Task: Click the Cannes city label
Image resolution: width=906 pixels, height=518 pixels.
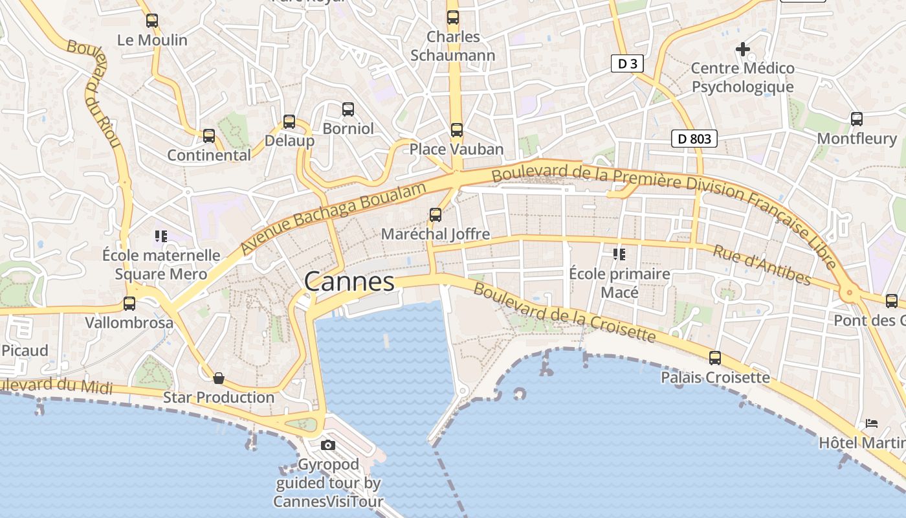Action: pos(349,282)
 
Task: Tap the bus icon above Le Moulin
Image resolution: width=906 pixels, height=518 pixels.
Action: pos(152,21)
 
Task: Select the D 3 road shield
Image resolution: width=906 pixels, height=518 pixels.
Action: pos(628,63)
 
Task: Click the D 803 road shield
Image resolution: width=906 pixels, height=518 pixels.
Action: pos(694,139)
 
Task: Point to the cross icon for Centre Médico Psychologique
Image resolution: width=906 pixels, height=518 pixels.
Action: pos(743,49)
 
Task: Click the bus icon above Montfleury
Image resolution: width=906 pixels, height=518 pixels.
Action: pos(857,119)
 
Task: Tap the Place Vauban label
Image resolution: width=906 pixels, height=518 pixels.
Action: pos(456,150)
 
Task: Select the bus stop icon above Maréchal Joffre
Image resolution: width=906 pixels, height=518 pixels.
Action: pos(436,215)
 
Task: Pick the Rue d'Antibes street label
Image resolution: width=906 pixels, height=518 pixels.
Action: pos(762,264)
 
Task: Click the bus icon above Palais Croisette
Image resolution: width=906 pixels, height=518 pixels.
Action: pos(715,358)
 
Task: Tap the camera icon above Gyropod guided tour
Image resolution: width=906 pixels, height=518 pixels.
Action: pos(328,445)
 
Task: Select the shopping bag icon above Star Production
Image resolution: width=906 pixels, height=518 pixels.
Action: pos(219,378)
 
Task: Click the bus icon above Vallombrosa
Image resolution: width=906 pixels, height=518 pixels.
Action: pos(129,303)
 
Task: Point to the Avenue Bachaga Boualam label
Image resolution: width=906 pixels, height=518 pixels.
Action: pos(334,218)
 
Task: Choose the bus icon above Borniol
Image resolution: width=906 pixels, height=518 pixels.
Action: pos(348,109)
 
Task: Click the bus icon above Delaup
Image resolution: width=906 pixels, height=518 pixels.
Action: pos(289,121)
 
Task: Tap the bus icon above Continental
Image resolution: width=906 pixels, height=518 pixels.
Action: pos(209,136)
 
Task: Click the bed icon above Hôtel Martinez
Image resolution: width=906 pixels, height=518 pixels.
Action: pos(872,423)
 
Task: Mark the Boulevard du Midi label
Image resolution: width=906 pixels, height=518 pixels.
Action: pos(56,385)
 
